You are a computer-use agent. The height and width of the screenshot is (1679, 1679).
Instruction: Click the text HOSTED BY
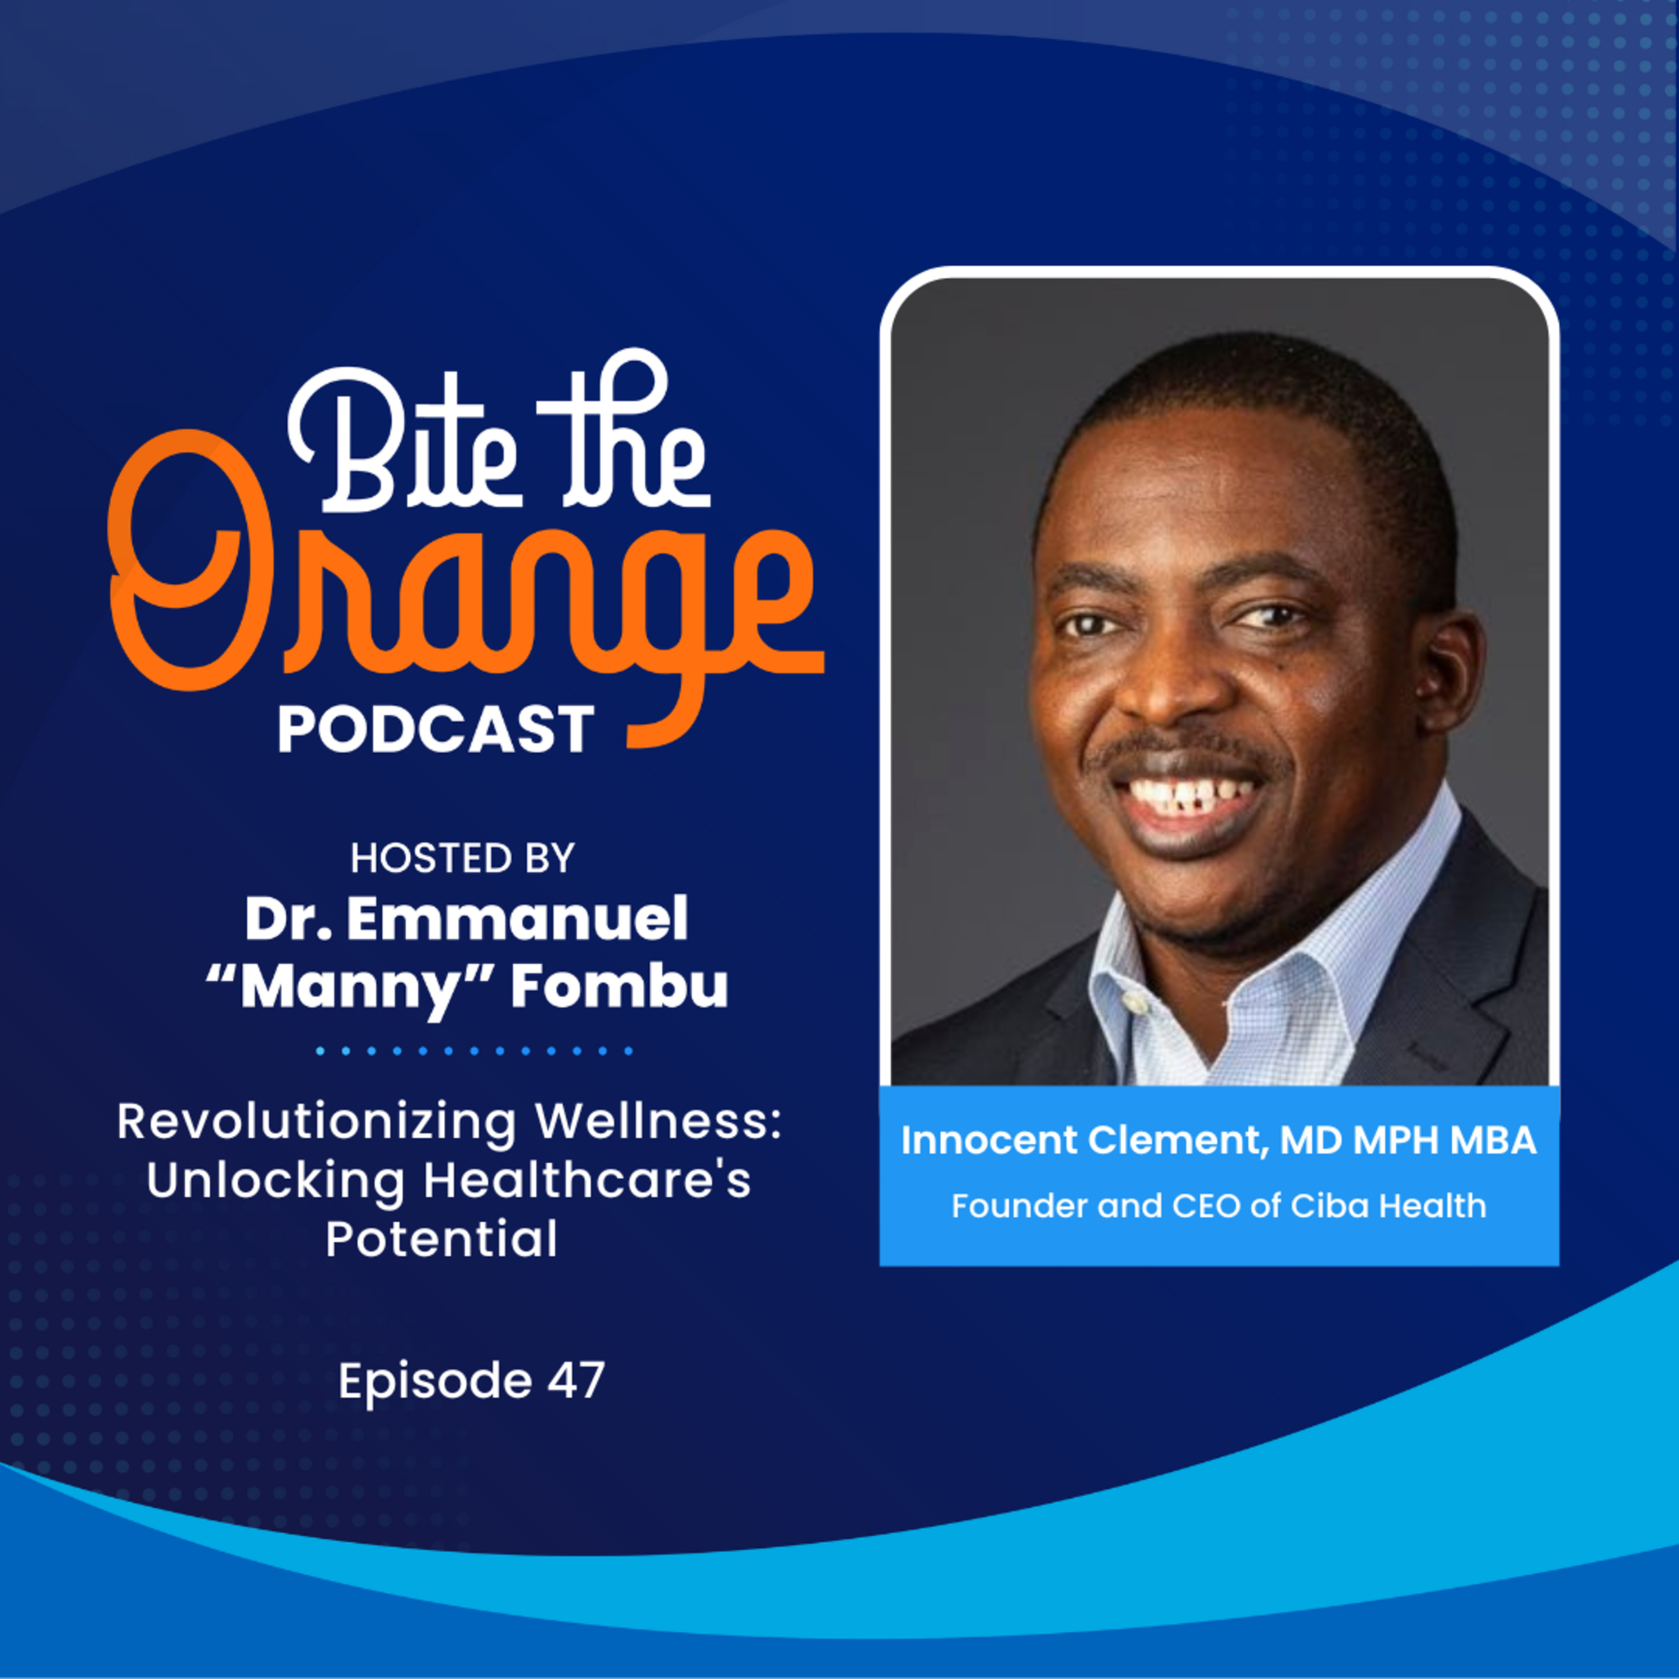point(462,859)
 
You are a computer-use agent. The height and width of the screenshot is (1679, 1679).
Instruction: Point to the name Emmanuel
point(518,920)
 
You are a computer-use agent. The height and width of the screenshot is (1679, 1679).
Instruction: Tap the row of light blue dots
point(475,1050)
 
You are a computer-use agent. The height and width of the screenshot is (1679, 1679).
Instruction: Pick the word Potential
point(442,1239)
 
